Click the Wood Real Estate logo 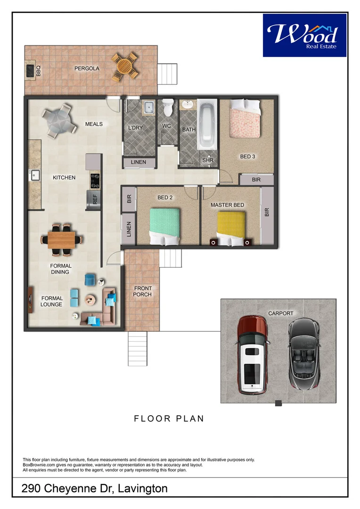tap(304, 35)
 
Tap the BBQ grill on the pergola tap(31, 71)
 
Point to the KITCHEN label tap(64, 178)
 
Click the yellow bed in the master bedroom tap(231, 228)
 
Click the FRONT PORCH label tap(142, 291)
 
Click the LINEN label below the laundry tap(139, 162)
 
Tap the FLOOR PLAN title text tap(169, 419)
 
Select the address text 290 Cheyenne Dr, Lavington tap(95, 489)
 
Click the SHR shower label tap(208, 160)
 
